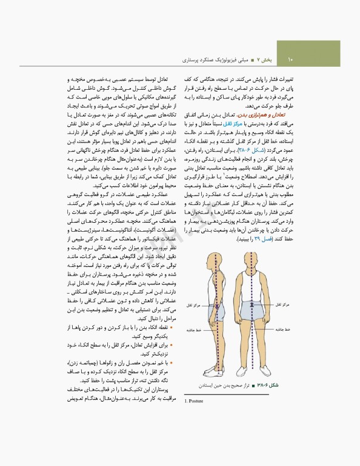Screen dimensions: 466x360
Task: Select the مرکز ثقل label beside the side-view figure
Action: point(190,305)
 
